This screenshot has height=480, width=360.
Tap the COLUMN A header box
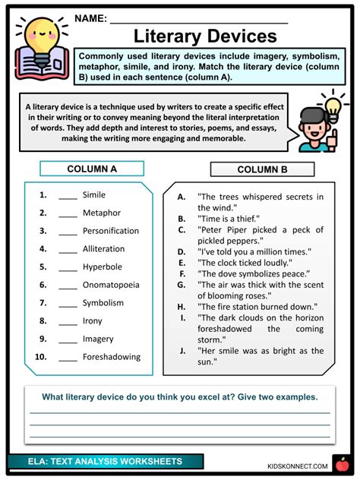92,169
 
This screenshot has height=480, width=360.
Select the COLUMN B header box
262,169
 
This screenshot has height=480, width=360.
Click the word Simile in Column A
94,194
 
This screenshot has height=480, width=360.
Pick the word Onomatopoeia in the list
110,285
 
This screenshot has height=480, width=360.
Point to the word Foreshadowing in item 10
112,357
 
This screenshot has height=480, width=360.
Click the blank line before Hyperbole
68,267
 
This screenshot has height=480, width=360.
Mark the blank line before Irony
68,321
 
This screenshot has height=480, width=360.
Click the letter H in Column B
182,306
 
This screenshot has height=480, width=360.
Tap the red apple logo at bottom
341,463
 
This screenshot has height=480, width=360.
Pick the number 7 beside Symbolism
44,303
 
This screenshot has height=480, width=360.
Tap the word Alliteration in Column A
103,248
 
